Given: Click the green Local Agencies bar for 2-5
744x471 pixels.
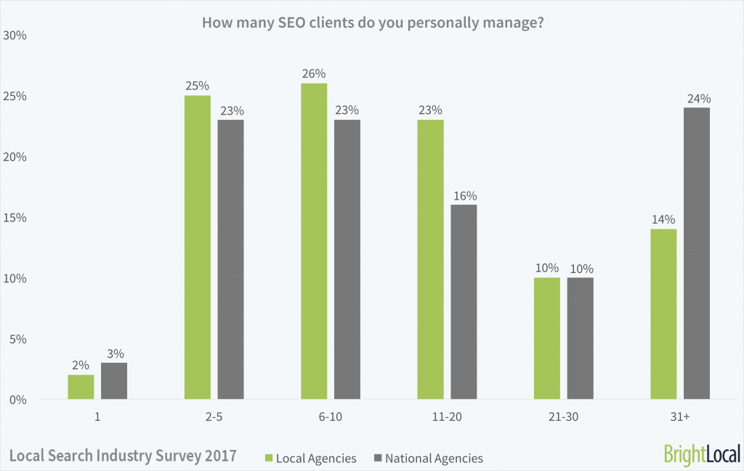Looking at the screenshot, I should [x=197, y=247].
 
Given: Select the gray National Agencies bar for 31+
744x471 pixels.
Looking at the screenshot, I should [x=696, y=253].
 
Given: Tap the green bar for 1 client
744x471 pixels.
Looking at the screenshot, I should [x=81, y=387].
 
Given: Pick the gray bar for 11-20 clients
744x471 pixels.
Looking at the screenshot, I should [x=464, y=301].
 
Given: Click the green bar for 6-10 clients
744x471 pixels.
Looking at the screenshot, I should [x=314, y=241].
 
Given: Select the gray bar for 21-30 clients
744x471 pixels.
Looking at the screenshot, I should [x=580, y=338].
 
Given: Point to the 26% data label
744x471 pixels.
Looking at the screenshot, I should [x=315, y=73].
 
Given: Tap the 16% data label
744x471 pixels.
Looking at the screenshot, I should [x=464, y=195].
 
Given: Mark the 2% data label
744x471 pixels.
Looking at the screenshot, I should [x=81, y=365].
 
